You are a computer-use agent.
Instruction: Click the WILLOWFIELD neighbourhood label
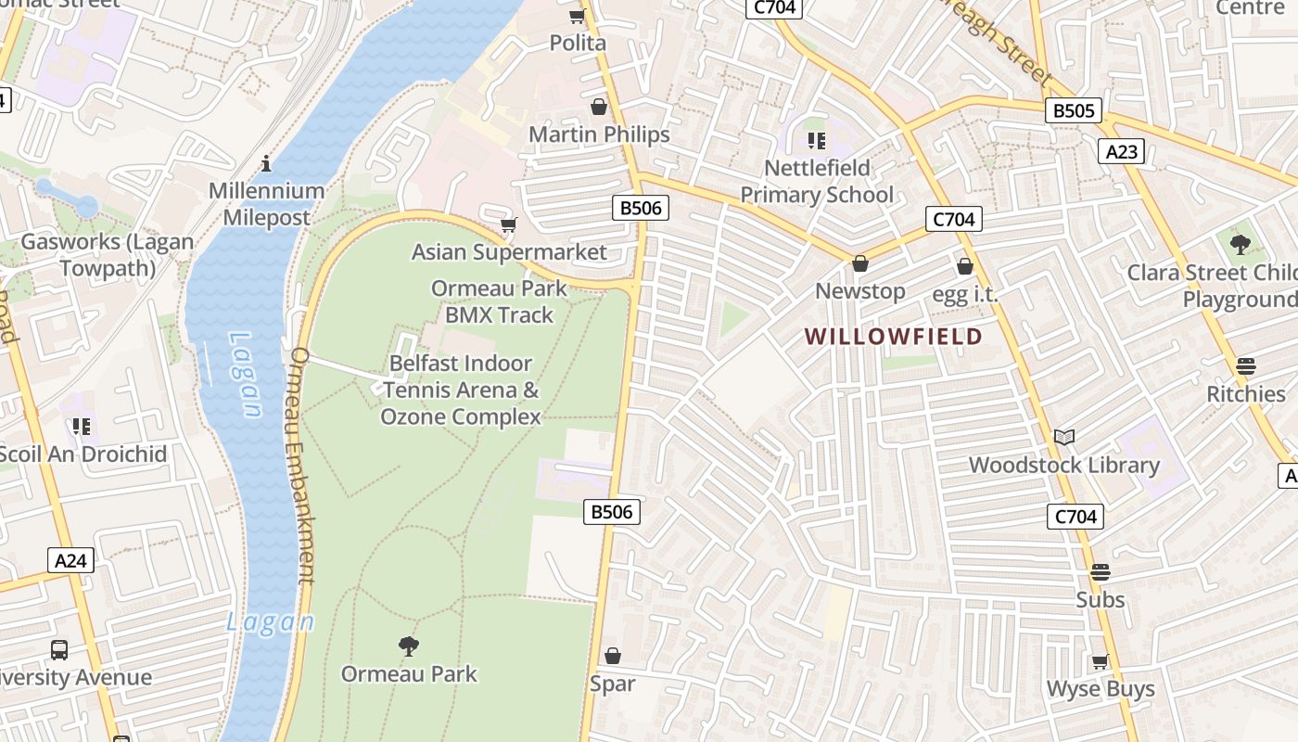[893, 336]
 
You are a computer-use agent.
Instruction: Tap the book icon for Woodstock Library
[1064, 437]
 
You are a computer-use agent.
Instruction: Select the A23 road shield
[1121, 151]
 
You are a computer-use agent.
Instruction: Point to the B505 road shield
[1074, 110]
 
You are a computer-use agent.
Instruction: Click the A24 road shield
[70, 560]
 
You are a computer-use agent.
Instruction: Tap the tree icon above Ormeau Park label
[408, 646]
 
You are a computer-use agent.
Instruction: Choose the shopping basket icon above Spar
[612, 656]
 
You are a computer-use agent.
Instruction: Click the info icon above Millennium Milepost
[267, 163]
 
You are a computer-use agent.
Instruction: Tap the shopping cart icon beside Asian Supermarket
[508, 224]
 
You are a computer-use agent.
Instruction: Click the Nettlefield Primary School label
[817, 181]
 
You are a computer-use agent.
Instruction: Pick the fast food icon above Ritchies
[1246, 365]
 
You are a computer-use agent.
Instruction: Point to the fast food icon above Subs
[1101, 572]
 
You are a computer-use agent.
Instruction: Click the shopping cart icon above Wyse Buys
[1101, 661]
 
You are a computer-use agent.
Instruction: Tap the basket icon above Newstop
[860, 263]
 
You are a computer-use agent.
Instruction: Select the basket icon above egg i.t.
[964, 266]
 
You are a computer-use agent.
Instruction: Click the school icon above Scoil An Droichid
[82, 426]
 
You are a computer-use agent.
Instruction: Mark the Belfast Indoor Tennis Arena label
[461, 390]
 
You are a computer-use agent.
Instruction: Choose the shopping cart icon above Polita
[578, 16]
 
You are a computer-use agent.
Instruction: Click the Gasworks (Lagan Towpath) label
[108, 255]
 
